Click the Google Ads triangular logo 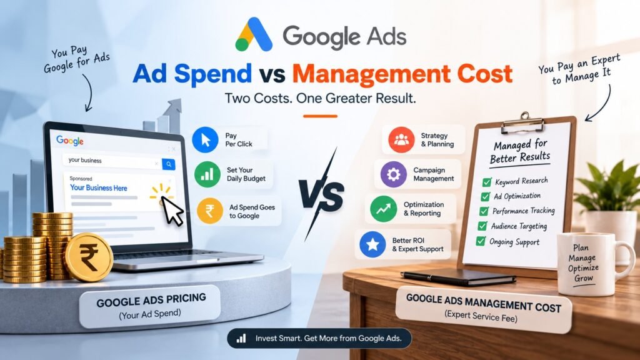tap(254, 35)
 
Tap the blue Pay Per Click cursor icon tap(205, 139)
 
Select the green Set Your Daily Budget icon tap(207, 174)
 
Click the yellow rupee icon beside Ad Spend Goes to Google tap(210, 211)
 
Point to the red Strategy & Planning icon tap(401, 139)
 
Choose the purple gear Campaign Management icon tap(394, 174)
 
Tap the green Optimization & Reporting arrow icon tap(383, 209)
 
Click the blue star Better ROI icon tap(372, 244)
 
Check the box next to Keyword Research tap(486, 182)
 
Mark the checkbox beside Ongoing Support tap(481, 241)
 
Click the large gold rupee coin tap(89, 257)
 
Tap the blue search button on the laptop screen tap(169, 164)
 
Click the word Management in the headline tap(371, 74)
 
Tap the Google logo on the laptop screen tap(70, 141)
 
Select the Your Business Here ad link tap(98, 187)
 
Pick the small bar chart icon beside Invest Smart tap(241, 338)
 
